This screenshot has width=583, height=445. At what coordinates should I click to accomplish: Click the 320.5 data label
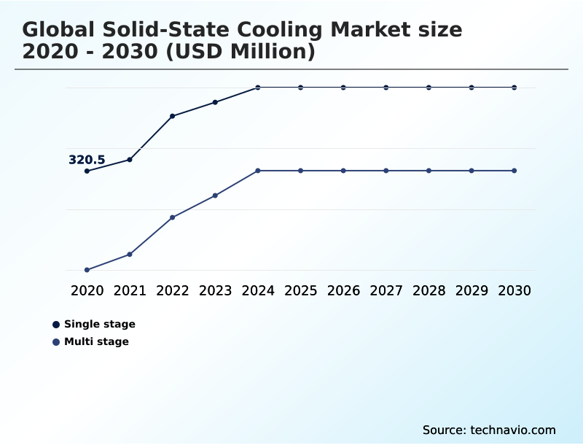pyautogui.click(x=87, y=160)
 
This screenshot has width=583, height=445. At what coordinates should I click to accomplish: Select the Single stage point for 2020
pyautogui.click(x=87, y=171)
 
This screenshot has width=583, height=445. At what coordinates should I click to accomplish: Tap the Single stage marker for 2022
pyautogui.click(x=173, y=116)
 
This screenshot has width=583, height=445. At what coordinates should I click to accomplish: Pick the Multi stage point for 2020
pyautogui.click(x=87, y=270)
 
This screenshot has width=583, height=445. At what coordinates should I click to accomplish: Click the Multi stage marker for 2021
pyautogui.click(x=130, y=254)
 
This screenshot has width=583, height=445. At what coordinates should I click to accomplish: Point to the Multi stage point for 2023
pyautogui.click(x=215, y=196)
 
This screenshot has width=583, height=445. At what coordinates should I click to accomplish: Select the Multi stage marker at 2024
pyautogui.click(x=258, y=171)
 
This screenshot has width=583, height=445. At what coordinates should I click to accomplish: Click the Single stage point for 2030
pyautogui.click(x=514, y=88)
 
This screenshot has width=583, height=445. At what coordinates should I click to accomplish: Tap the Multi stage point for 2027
pyautogui.click(x=386, y=171)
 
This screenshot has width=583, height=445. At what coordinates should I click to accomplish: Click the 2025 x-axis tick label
pyautogui.click(x=300, y=290)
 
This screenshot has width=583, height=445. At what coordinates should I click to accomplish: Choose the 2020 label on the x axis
pyautogui.click(x=87, y=290)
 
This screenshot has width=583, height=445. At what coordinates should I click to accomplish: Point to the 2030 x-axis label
pyautogui.click(x=514, y=290)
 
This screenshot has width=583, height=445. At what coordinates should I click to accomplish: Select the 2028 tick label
pyautogui.click(x=429, y=290)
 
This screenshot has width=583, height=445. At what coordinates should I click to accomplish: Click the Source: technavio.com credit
pyautogui.click(x=489, y=430)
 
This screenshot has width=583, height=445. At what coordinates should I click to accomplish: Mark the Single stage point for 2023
pyautogui.click(x=215, y=102)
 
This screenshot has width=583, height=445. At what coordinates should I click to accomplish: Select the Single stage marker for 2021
pyautogui.click(x=130, y=159)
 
